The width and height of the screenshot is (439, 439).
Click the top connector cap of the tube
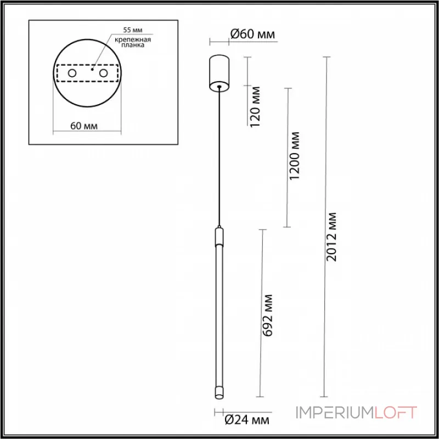point(219,237)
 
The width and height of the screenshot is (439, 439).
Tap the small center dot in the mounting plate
point(92,70)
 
